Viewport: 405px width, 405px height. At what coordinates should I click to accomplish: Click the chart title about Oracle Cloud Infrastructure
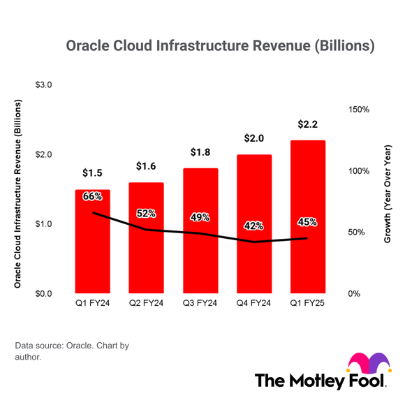tap(220, 46)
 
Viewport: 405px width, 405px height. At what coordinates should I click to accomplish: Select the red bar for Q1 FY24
tap(92, 251)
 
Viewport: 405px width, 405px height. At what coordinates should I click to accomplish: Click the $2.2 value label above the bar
tap(307, 125)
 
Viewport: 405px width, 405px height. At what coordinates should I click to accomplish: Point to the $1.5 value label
tap(92, 173)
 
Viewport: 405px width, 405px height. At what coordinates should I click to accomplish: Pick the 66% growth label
tap(92, 197)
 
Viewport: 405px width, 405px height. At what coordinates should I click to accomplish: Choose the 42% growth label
tap(253, 226)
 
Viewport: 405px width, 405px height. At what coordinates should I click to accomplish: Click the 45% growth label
tap(307, 222)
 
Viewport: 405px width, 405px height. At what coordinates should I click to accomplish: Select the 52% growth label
tap(146, 214)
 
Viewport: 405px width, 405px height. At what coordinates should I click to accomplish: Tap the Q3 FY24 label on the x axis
tap(200, 303)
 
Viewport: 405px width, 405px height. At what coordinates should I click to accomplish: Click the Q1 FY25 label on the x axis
tap(307, 303)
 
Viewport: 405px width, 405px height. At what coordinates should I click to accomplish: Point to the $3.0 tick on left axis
tap(44, 85)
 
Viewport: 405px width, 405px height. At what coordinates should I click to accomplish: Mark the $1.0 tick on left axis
tap(44, 224)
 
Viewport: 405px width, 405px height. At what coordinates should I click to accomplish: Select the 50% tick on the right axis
tap(357, 233)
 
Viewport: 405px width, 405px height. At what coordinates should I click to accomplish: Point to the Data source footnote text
tap(71, 351)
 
